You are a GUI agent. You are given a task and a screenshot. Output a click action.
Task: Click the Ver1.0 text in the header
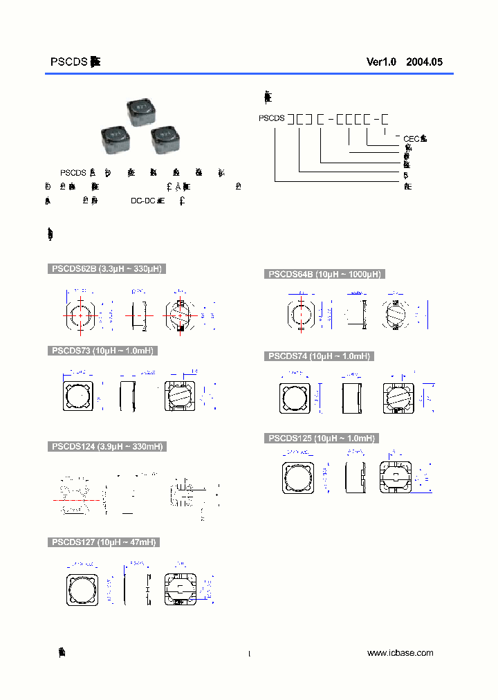coord(381,62)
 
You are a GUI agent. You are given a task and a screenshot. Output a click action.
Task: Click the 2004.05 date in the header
coord(424,62)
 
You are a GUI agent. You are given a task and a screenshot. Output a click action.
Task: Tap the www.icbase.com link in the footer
coord(400,653)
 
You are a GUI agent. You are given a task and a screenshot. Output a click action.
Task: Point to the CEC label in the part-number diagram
coord(411,139)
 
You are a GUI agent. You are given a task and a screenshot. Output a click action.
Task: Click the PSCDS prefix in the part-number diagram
coord(272,118)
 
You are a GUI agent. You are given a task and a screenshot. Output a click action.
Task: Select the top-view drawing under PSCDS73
coord(78,396)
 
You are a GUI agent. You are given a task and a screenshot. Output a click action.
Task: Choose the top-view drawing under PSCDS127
coord(82,589)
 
